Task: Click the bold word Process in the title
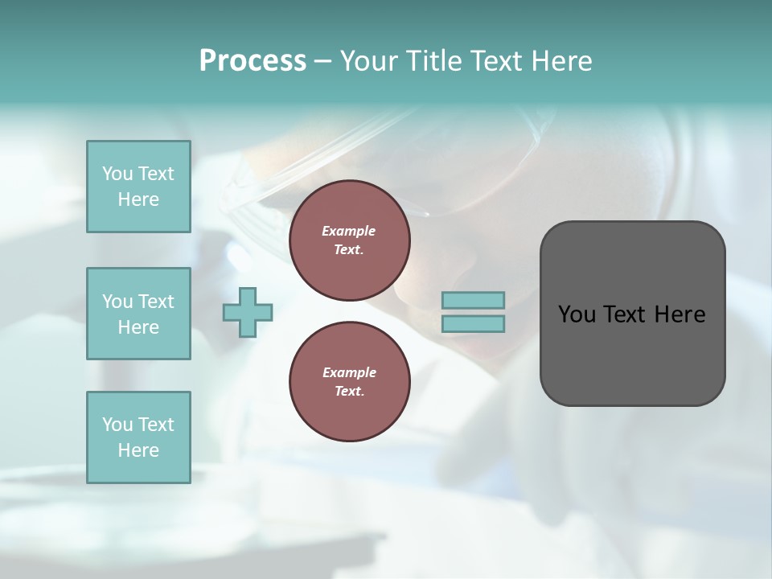pyautogui.click(x=253, y=61)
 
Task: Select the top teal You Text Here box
pyautogui.click(x=138, y=187)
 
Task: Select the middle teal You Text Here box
pyautogui.click(x=138, y=314)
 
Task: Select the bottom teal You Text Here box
pyautogui.click(x=138, y=437)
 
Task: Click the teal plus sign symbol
pyautogui.click(x=248, y=312)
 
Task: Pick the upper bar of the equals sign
pyautogui.click(x=473, y=300)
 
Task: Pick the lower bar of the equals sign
pyautogui.click(x=473, y=323)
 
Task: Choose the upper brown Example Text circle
pyautogui.click(x=349, y=240)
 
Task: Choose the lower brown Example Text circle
pyautogui.click(x=349, y=382)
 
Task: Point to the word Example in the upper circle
pyautogui.click(x=349, y=231)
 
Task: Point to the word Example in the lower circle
pyautogui.click(x=349, y=372)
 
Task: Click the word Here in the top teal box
pyautogui.click(x=138, y=199)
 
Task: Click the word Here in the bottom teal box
pyautogui.click(x=138, y=450)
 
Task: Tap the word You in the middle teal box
pyautogui.click(x=117, y=302)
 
